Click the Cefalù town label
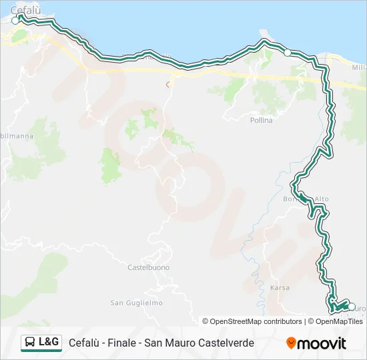[23, 10]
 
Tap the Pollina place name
[261, 120]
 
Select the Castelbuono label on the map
[148, 267]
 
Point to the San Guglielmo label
[136, 303]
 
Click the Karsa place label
[280, 287]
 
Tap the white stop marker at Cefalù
[15, 21]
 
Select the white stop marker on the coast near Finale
[288, 53]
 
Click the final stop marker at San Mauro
[352, 306]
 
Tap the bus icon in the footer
[30, 343]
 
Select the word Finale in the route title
[121, 343]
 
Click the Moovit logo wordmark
[322, 343]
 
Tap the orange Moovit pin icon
[291, 343]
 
